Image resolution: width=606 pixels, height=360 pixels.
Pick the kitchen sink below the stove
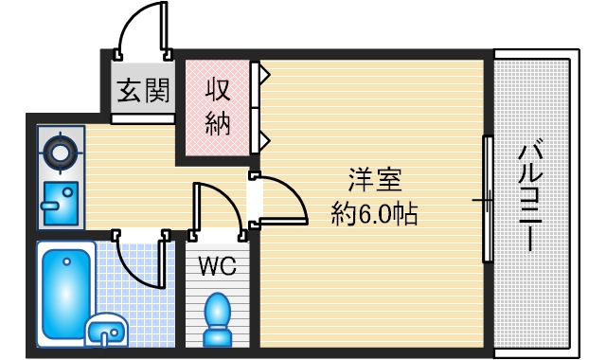pos(60,203)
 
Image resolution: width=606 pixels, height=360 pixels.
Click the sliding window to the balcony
pos(488,199)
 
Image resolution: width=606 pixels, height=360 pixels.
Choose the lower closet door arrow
pos(265,140)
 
